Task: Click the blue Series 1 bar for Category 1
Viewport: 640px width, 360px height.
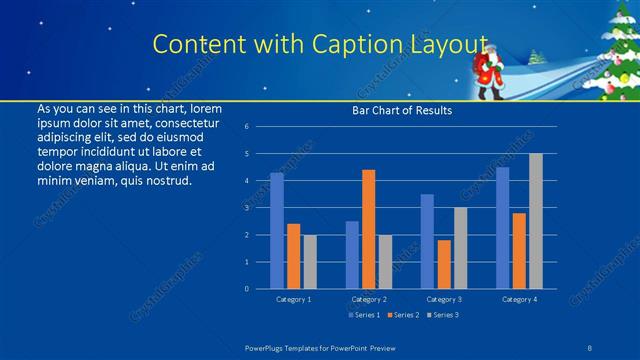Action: tap(277, 231)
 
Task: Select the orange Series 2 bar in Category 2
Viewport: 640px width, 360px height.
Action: tap(369, 229)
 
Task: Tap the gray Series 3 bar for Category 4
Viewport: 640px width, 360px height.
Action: tap(536, 221)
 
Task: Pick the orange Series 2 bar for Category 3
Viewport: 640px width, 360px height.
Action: tap(444, 264)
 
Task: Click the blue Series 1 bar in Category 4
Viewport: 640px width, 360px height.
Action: tap(502, 228)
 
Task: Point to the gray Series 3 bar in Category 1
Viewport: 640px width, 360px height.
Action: tap(310, 262)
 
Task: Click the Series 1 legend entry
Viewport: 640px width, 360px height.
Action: tap(364, 315)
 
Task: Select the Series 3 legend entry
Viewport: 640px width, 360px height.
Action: tap(445, 315)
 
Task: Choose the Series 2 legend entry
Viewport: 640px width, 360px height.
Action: tap(404, 315)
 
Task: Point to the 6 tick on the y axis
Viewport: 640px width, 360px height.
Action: tap(246, 127)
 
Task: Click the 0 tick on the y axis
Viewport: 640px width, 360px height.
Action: tap(246, 289)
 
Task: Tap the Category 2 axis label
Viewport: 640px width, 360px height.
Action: tap(368, 299)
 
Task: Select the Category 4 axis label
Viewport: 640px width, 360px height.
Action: tap(519, 299)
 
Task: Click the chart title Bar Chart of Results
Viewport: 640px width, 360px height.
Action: tap(402, 110)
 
